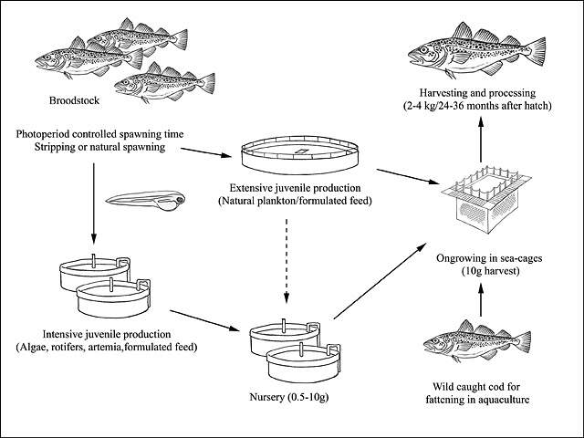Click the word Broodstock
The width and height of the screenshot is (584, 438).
click(75, 100)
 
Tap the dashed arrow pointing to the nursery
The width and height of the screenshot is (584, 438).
click(286, 260)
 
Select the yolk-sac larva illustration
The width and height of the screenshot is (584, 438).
click(146, 201)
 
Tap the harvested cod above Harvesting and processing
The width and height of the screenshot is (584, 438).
click(476, 51)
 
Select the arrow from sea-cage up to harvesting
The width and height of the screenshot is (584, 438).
click(481, 140)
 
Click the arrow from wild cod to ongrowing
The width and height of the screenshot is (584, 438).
click(481, 299)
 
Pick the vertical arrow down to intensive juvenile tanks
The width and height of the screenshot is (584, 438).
click(93, 203)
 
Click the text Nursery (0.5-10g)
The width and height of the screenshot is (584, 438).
click(289, 398)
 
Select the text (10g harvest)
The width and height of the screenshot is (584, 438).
click(490, 271)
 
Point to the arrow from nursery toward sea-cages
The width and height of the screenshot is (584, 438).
click(380, 281)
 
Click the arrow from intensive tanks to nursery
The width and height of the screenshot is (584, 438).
click(204, 320)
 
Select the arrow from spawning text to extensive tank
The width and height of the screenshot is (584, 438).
click(206, 152)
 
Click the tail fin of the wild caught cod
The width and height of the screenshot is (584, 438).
click(523, 341)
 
